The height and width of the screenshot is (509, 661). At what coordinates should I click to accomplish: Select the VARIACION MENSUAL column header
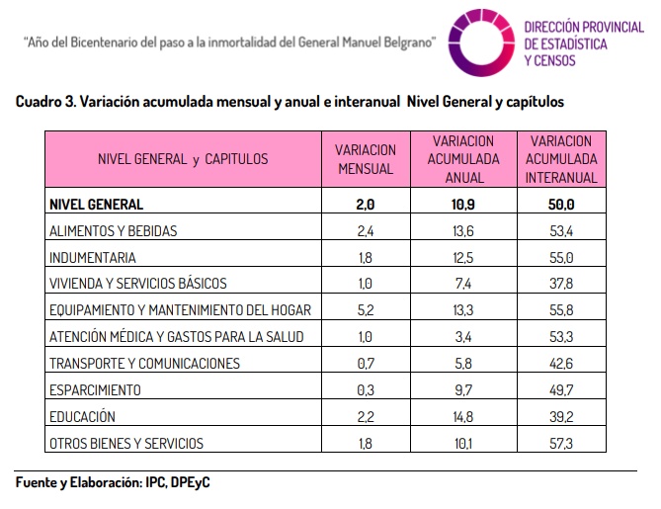pos(366,159)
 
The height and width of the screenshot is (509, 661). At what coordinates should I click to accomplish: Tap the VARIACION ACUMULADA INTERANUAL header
pos(561,159)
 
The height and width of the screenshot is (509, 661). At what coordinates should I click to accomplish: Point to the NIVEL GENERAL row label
pos(96,205)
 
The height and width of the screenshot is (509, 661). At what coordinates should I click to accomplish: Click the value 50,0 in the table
pos(561,205)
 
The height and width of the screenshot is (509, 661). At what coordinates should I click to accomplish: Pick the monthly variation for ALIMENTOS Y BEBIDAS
pos(366,231)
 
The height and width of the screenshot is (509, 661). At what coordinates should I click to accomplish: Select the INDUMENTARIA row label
pos(92,258)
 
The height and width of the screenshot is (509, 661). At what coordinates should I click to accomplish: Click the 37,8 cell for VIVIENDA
pos(561,284)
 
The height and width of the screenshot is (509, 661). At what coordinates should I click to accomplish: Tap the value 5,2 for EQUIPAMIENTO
pos(366,310)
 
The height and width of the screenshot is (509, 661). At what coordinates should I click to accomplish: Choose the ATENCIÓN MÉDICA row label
pos(176,337)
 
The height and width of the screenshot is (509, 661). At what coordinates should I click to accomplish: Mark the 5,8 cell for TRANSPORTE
pos(463,364)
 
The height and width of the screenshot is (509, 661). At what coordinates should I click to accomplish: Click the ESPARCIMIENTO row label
pos(95,390)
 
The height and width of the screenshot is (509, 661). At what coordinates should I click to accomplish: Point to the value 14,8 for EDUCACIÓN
pos(463,417)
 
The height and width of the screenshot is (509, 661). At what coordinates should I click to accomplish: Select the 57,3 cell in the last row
pos(561,444)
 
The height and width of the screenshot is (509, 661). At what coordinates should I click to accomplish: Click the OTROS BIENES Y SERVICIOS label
pos(126,444)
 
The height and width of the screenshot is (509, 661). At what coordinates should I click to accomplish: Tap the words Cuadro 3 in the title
pos(46,102)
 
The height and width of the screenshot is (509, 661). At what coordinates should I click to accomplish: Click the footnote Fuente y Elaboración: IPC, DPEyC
pos(113,482)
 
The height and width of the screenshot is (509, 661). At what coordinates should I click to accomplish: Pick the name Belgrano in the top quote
pos(408,42)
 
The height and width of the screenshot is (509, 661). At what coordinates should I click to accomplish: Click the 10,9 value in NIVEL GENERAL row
pos(463,205)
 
